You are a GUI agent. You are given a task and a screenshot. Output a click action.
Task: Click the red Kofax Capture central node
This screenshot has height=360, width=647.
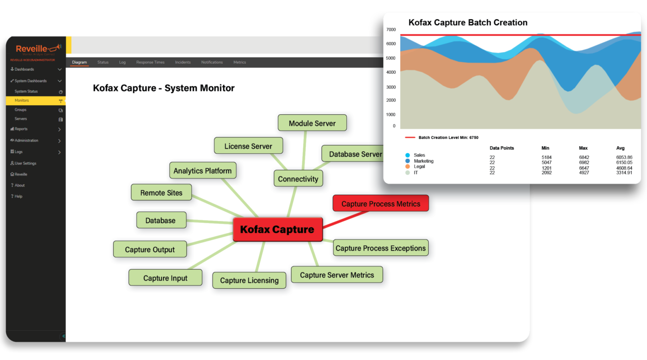point(278,230)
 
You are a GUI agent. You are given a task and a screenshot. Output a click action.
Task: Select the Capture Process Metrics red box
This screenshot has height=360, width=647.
point(381,204)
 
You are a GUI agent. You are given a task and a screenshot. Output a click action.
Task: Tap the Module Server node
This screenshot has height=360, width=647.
point(312,123)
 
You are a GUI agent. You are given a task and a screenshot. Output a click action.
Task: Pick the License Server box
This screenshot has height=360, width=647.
point(248,146)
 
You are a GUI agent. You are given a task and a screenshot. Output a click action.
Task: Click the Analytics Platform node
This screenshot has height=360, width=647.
point(202,171)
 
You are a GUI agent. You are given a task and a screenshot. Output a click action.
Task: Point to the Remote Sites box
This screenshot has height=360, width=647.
point(161,193)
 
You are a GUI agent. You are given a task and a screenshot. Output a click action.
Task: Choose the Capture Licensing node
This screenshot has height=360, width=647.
point(249,280)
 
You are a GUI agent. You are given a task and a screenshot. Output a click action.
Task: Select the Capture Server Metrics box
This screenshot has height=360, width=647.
point(337,275)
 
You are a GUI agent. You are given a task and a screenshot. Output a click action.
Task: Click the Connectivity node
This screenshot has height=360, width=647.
point(298,179)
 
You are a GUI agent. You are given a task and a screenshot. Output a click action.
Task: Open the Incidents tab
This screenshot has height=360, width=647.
point(183,62)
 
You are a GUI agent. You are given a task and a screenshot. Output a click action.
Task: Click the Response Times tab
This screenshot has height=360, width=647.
point(150,62)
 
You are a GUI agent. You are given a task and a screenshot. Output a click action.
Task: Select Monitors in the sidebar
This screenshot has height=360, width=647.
point(22,101)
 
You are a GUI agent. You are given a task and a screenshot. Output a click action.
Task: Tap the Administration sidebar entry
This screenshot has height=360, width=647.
point(26,141)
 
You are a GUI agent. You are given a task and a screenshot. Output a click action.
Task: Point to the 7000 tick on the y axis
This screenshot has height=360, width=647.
point(391,29)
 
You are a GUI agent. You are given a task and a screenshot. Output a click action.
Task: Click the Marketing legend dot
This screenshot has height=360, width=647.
point(407,161)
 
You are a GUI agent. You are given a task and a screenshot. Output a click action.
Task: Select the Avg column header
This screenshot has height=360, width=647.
point(620,148)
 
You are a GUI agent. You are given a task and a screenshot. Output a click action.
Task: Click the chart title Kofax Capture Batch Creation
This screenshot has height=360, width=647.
point(468,23)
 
